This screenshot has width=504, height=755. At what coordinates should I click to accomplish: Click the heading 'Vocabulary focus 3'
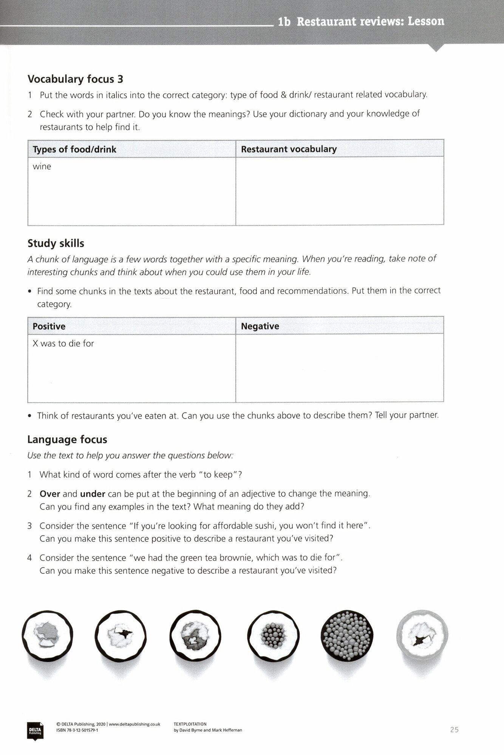(x=75, y=79)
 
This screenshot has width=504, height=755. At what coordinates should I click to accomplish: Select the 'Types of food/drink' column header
(x=74, y=149)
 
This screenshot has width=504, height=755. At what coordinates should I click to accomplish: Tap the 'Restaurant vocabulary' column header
(x=289, y=149)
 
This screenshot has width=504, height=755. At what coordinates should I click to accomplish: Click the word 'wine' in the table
(x=42, y=166)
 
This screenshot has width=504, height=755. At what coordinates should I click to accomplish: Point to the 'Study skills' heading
(x=56, y=243)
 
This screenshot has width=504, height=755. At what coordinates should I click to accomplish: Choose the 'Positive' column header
(x=49, y=326)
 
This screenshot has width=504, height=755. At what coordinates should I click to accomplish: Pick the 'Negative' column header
(x=260, y=326)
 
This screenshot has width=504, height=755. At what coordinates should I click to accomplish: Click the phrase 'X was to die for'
(x=63, y=344)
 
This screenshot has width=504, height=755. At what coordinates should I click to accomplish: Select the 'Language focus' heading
(x=67, y=439)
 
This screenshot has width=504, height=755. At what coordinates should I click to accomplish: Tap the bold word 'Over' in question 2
(x=50, y=494)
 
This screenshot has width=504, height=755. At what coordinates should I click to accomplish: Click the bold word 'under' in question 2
(x=93, y=494)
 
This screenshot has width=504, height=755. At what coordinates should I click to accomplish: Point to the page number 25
(x=454, y=730)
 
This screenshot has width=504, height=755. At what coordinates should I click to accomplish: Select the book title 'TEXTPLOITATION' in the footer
(x=190, y=724)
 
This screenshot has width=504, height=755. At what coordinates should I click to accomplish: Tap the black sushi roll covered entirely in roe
(x=346, y=635)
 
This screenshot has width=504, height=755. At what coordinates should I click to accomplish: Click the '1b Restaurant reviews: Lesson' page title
(x=361, y=22)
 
